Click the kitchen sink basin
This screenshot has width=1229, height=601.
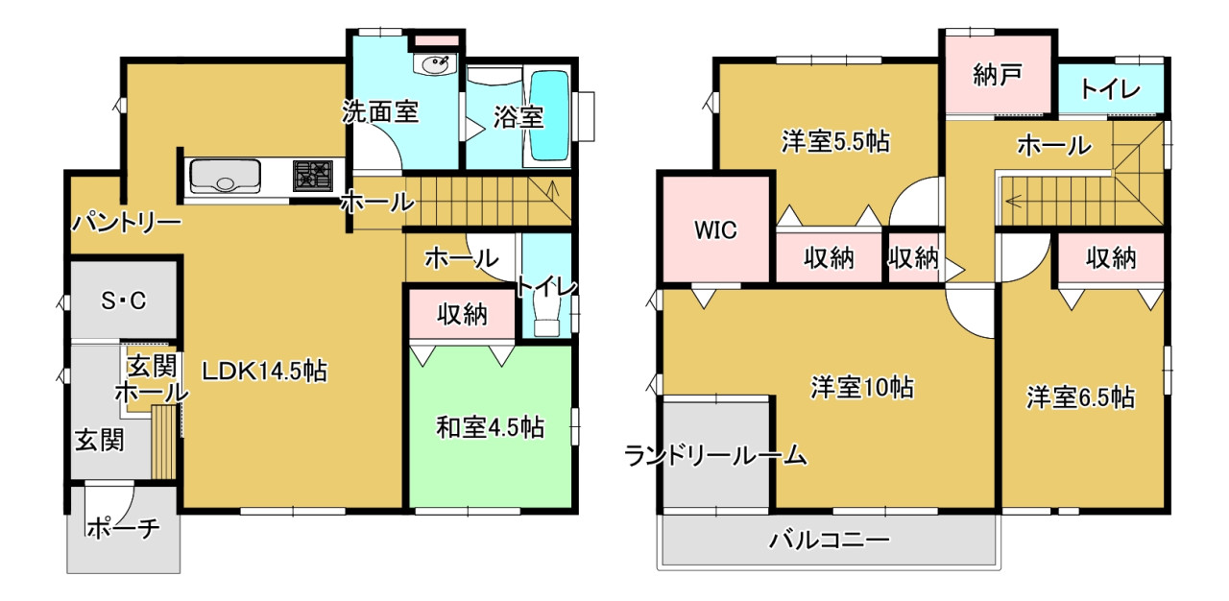(x=225, y=176)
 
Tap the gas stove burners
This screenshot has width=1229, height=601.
(x=313, y=176)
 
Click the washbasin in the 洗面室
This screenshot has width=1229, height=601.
(x=435, y=64)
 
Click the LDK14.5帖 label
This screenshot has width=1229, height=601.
(x=264, y=372)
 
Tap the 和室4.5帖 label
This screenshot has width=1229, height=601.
(x=490, y=427)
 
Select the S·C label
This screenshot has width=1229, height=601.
(x=124, y=300)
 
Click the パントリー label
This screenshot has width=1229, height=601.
(x=127, y=223)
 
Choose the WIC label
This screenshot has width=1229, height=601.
(x=715, y=230)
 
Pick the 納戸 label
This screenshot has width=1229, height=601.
(x=998, y=75)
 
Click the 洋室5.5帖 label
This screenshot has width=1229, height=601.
(x=835, y=141)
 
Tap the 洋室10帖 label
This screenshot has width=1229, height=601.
(x=862, y=387)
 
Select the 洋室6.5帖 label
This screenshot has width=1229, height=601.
(x=1081, y=397)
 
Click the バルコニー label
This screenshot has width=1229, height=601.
(x=829, y=541)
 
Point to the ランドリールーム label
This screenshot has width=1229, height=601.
(x=715, y=456)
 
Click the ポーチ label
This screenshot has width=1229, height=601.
(x=124, y=528)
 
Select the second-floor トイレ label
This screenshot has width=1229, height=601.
(x=1111, y=89)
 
